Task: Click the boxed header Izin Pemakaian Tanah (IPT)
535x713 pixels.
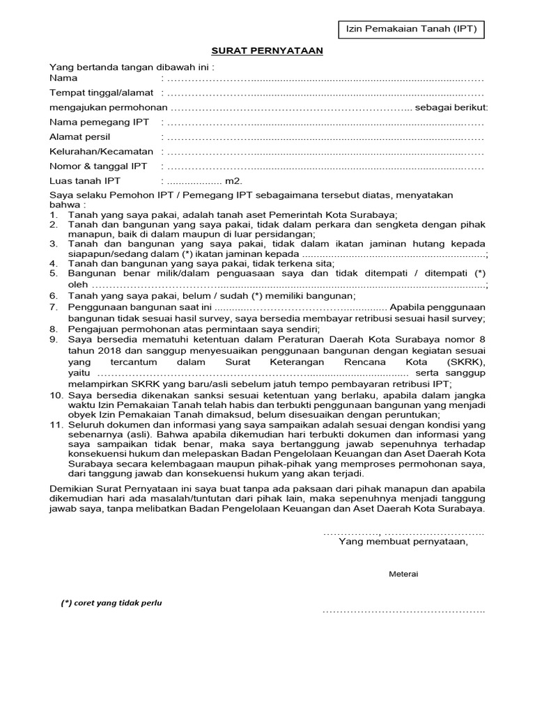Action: point(407,29)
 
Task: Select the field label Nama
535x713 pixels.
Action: point(63,79)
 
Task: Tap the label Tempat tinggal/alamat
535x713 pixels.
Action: point(101,93)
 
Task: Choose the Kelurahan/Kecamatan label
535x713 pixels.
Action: point(101,152)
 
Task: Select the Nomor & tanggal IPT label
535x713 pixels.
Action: point(98,166)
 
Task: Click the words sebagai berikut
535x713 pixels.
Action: point(451,107)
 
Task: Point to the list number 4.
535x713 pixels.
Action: point(54,264)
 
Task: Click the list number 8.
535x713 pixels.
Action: point(54,329)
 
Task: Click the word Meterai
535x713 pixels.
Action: point(403,574)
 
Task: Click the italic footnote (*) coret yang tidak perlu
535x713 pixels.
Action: point(111,603)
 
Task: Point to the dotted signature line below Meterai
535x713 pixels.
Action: point(403,611)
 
